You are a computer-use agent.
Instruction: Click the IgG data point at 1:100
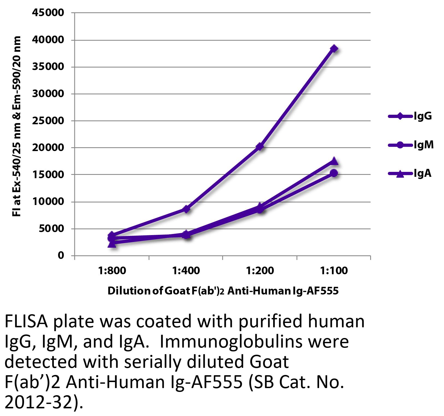pyautogui.click(x=334, y=49)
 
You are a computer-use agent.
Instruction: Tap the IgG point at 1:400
pyautogui.click(x=186, y=209)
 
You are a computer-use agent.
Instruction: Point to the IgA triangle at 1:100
pyautogui.click(x=334, y=161)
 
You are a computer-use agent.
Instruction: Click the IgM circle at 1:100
pyautogui.click(x=334, y=173)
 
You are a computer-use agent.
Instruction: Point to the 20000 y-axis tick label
pyautogui.click(x=48, y=148)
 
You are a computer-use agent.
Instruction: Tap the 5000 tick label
pyautogui.click(x=51, y=229)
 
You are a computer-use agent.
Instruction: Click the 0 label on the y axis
pyautogui.click(x=61, y=255)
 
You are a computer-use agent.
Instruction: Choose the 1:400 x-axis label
pyautogui.click(x=186, y=271)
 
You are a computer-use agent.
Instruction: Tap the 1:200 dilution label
pyautogui.click(x=260, y=271)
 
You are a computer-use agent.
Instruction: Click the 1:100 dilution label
pyautogui.click(x=334, y=271)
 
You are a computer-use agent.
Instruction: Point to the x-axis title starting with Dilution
pyautogui.click(x=223, y=291)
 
